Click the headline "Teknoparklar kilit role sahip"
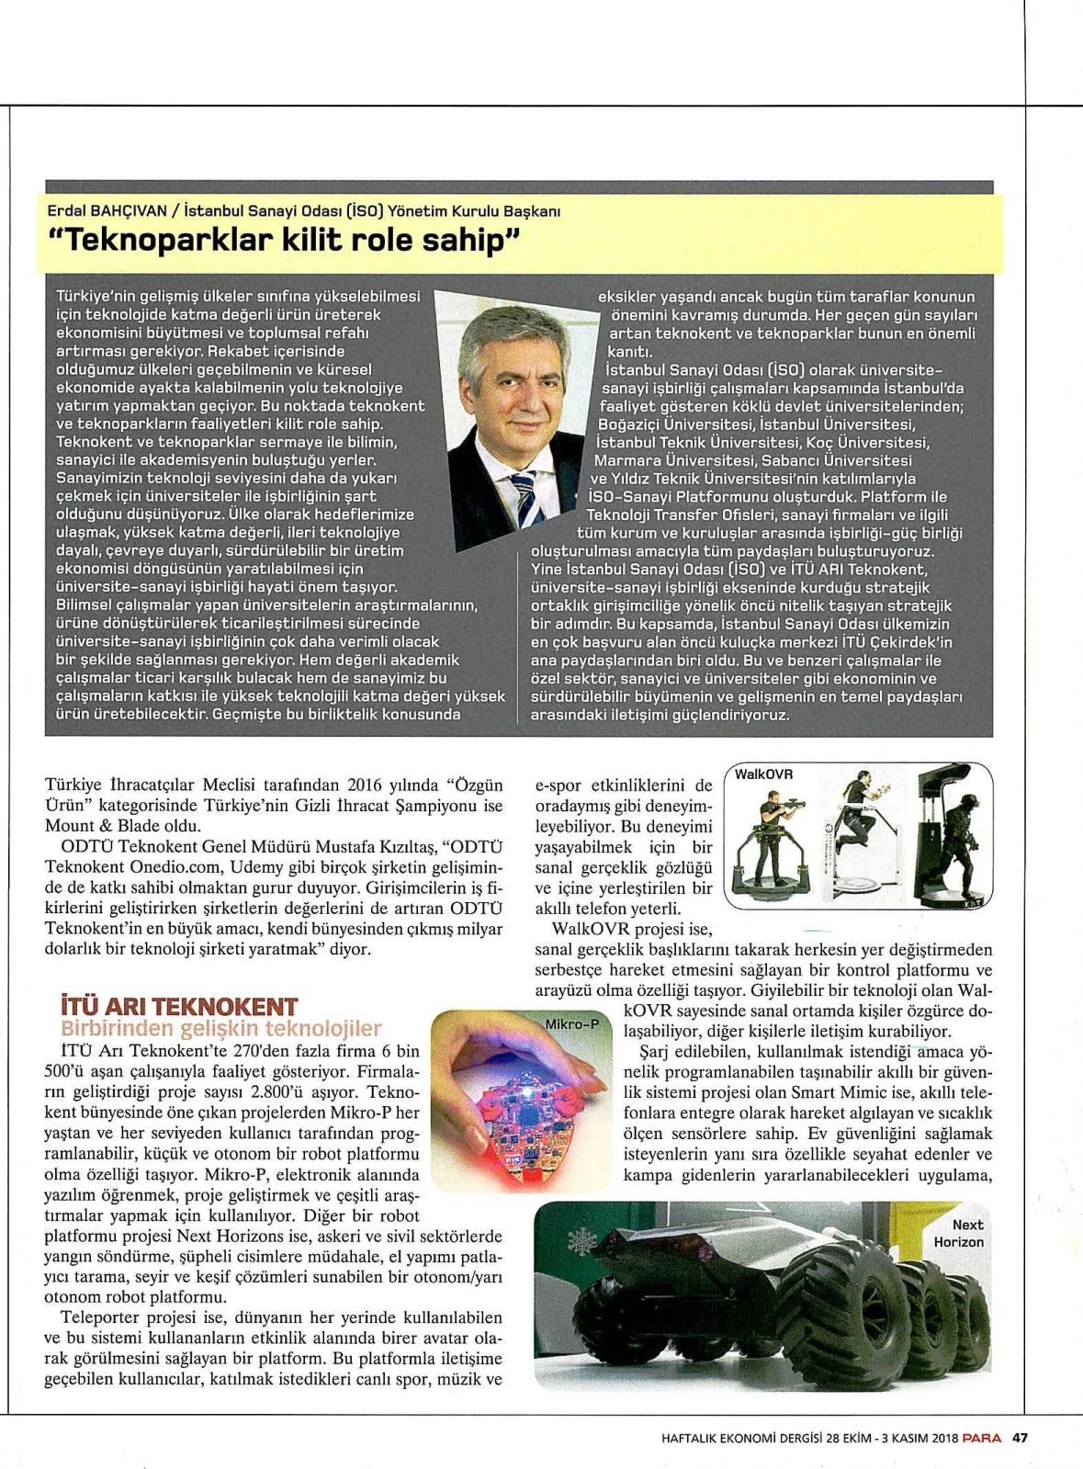284,242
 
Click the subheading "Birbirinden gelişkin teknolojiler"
220,1028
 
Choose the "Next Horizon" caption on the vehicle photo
959,1233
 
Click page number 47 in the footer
1020,1438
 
